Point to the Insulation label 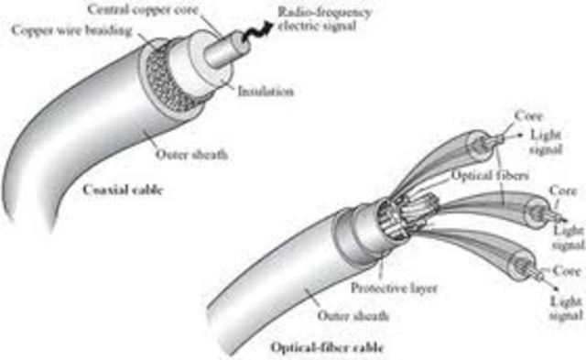[266, 92]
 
